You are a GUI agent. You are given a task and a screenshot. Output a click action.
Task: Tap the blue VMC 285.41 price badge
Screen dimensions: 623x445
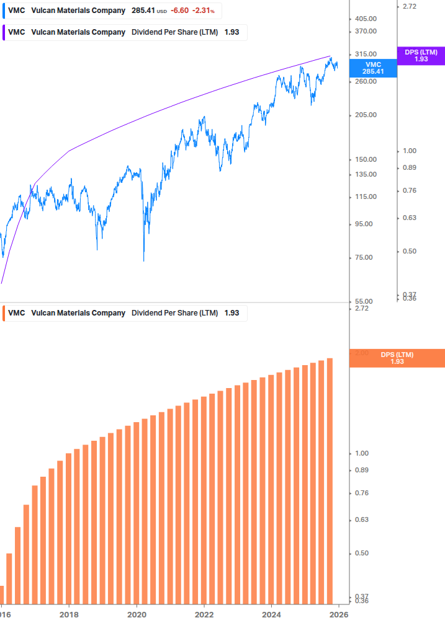(373, 68)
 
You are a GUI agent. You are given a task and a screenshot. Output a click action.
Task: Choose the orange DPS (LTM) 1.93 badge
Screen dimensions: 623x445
(397, 358)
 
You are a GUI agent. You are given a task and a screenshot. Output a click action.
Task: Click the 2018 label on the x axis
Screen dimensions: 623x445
(69, 614)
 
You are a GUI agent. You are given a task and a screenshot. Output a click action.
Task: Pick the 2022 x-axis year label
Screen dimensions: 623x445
(204, 614)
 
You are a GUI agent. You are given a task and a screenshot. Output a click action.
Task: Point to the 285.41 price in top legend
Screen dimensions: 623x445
(143, 11)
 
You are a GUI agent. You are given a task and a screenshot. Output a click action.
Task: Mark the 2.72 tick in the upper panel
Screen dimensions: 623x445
(410, 6)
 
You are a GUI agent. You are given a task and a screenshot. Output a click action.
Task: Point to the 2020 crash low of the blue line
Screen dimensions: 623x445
(143, 260)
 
